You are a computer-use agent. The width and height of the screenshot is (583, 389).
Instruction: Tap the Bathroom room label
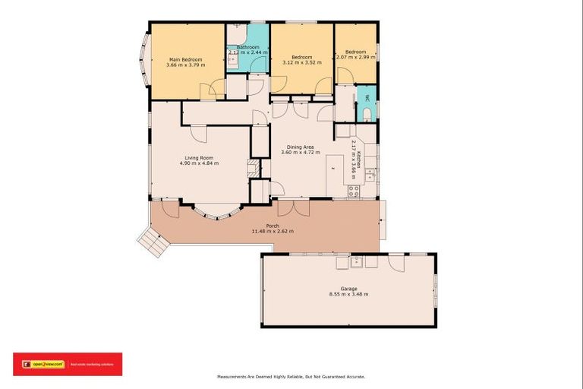(247, 47)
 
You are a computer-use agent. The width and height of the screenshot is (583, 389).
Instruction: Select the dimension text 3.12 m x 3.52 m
(302, 65)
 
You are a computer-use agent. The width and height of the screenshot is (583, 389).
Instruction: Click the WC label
(367, 98)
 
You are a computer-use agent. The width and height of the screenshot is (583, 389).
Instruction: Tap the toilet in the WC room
(367, 115)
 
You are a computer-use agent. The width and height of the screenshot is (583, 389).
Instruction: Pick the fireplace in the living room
(255, 169)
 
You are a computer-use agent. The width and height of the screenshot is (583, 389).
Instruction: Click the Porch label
(272, 225)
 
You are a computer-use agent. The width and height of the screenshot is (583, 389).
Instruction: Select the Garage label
(348, 289)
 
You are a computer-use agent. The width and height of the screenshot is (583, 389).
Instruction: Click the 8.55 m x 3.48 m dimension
(348, 295)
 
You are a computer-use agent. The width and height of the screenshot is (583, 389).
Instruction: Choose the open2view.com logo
(46, 364)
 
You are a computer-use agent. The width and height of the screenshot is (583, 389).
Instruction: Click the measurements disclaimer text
(291, 377)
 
